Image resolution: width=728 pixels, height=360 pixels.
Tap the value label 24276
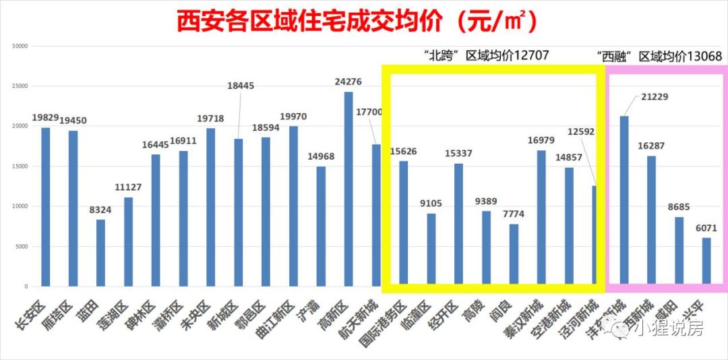pos(348,82)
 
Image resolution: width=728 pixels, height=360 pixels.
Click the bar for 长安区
pos(46,206)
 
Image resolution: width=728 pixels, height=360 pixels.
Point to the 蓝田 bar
pos(100,252)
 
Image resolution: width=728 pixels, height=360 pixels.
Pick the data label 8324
pos(100,210)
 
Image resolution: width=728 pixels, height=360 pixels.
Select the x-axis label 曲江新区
pos(277,318)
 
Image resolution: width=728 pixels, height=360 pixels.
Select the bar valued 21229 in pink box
pos(624,201)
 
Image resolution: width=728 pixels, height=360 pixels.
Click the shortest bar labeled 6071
pos(706,262)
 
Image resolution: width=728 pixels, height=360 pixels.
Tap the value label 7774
pos(513,214)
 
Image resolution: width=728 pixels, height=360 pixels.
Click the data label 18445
pos(241,86)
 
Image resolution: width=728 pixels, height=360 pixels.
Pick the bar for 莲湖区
pos(128,241)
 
